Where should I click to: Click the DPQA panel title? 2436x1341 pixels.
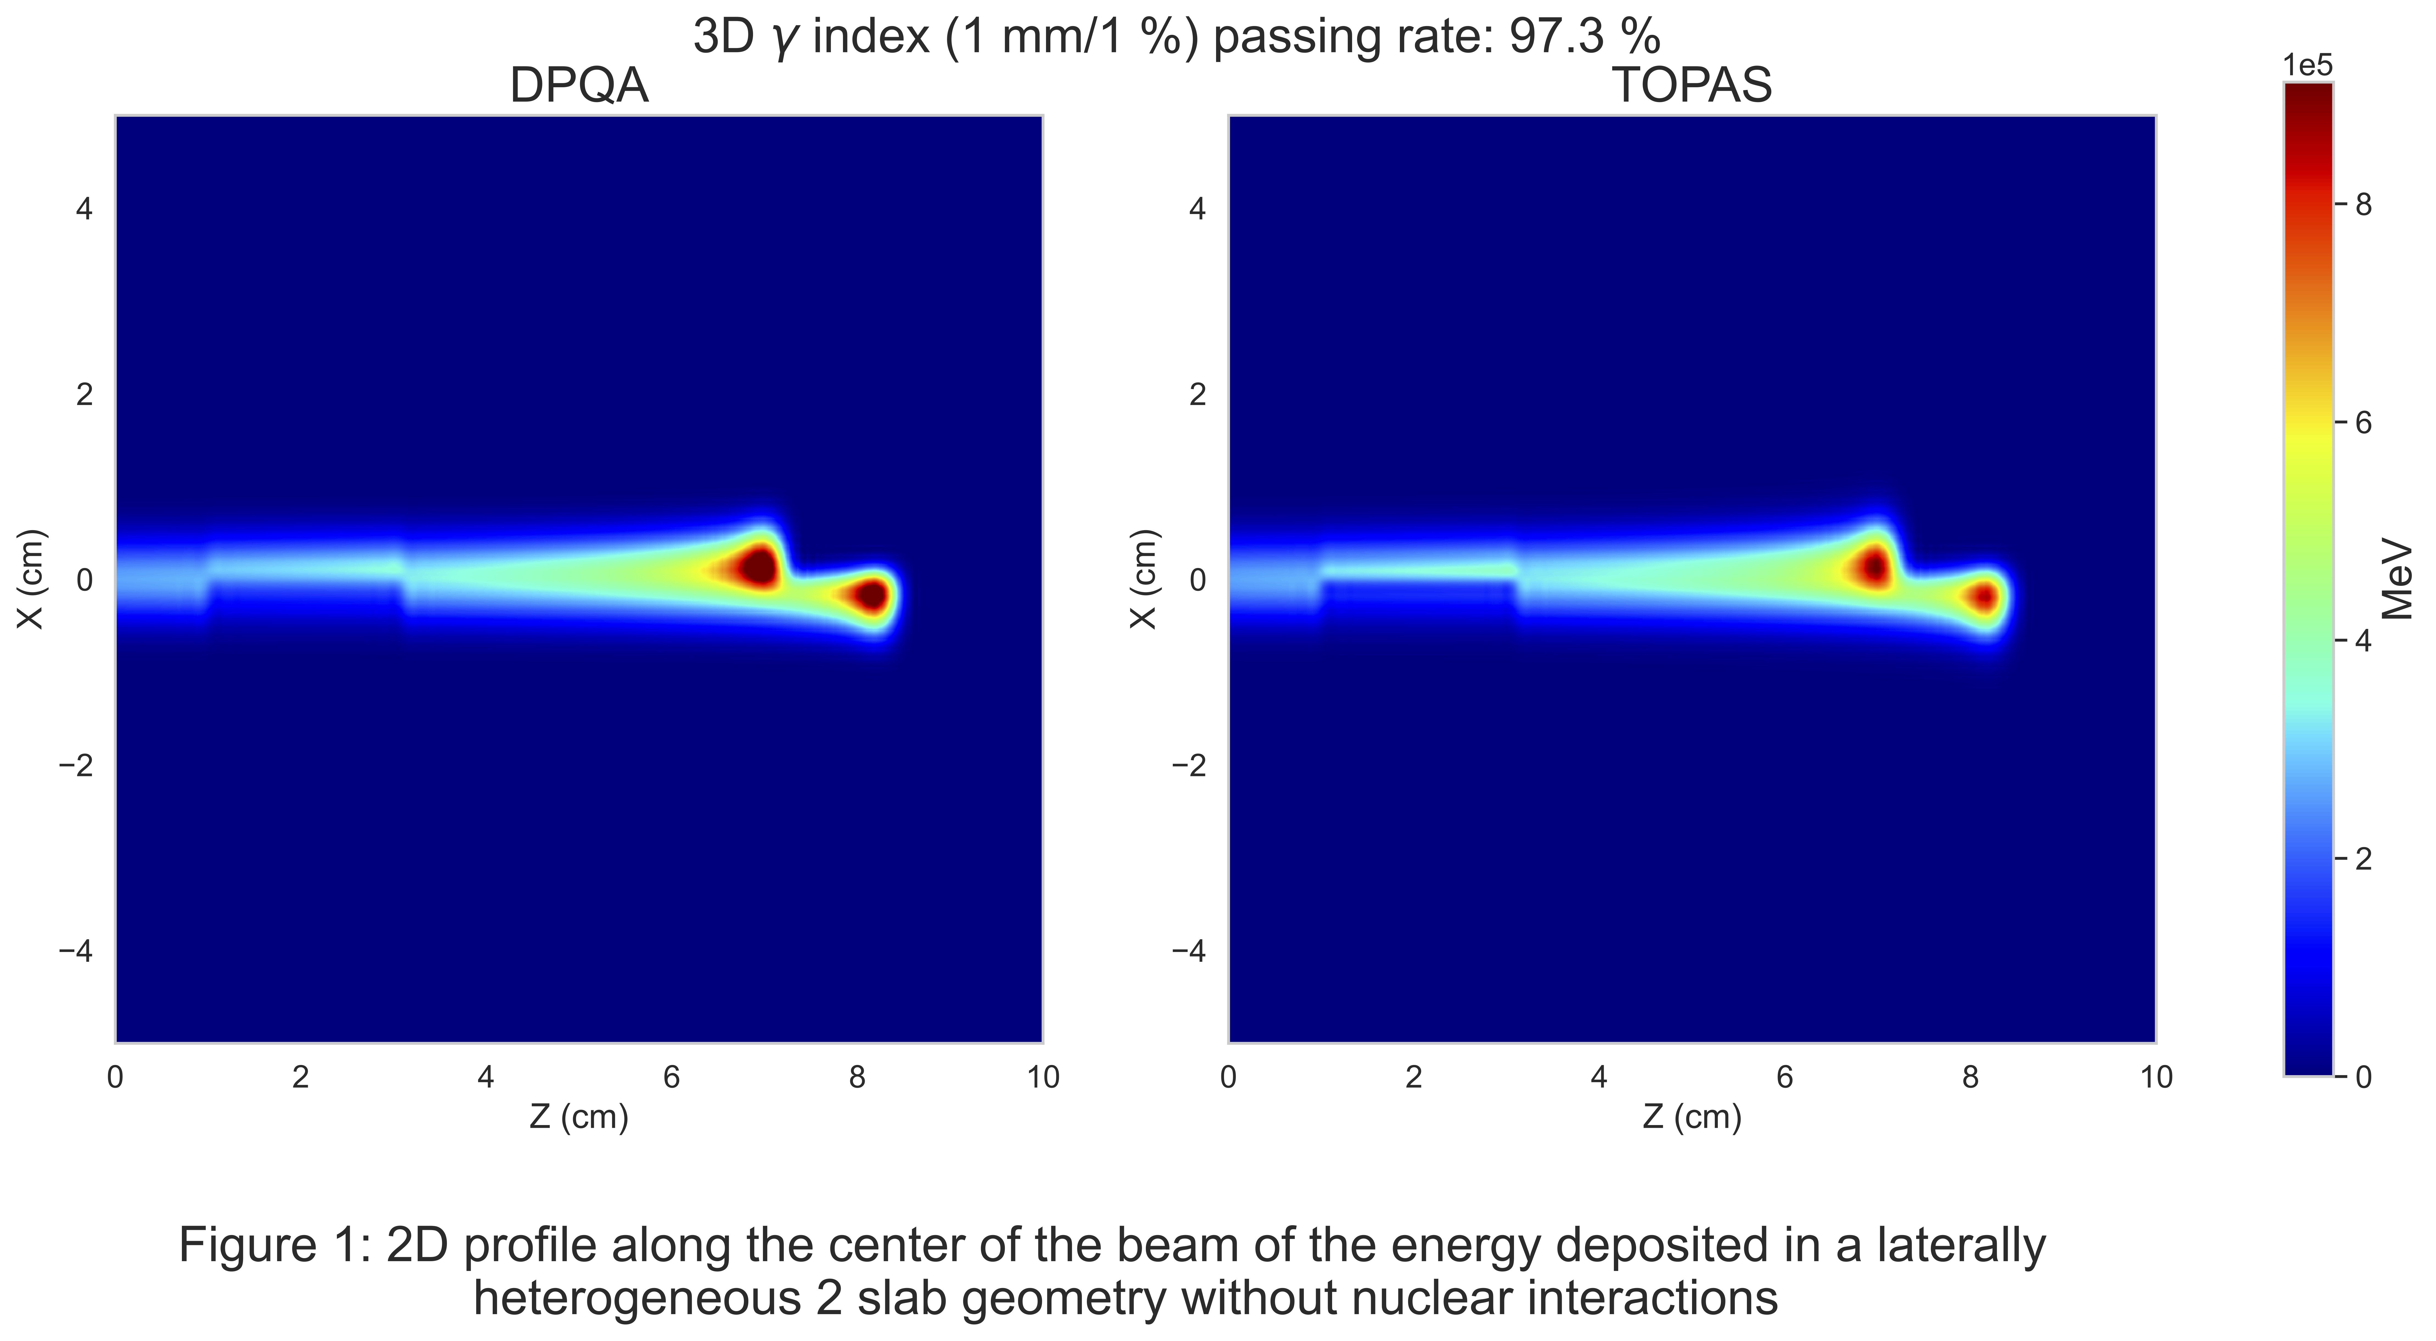[x=579, y=86]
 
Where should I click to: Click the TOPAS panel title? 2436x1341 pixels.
[x=1692, y=86]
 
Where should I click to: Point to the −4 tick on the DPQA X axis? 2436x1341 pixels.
[x=77, y=951]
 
